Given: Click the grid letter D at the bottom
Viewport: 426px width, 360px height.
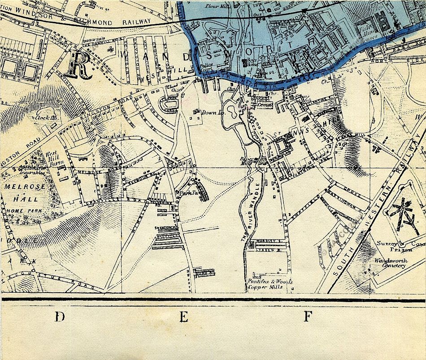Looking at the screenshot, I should [59, 318].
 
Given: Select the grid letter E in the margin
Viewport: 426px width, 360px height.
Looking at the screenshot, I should [183, 318].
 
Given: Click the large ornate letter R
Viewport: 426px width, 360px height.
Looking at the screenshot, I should [79, 65].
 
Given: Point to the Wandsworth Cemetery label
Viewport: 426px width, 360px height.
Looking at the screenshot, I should [390, 263].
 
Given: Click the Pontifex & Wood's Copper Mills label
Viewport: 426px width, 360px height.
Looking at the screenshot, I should [270, 284].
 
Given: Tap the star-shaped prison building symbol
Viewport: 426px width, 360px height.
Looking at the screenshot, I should [403, 212].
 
